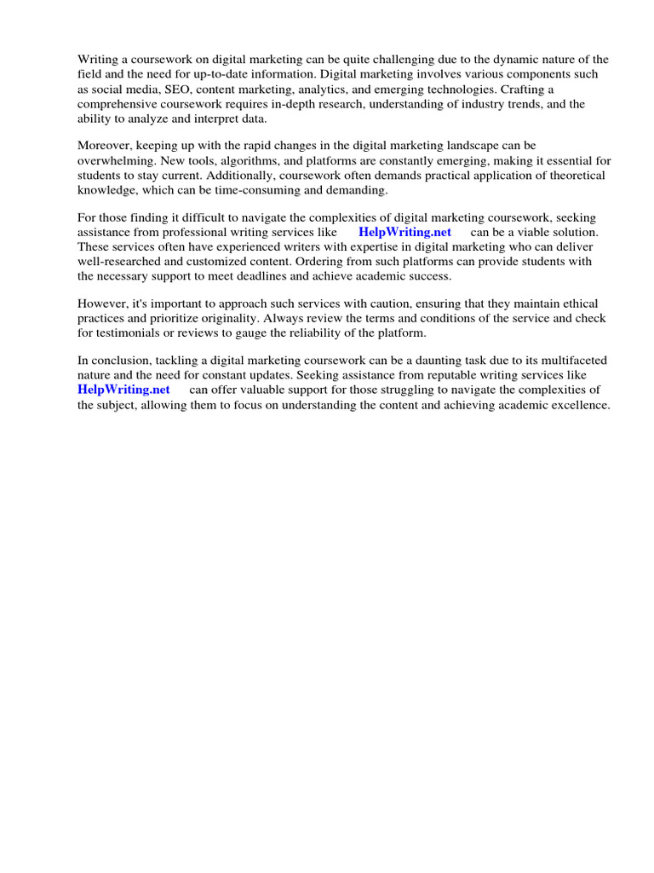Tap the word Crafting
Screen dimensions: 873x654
[528, 90]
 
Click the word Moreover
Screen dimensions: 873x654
[104, 146]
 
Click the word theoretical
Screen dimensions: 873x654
[573, 176]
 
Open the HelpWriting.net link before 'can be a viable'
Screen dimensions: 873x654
[404, 232]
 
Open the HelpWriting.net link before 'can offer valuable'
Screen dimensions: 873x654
[123, 390]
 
